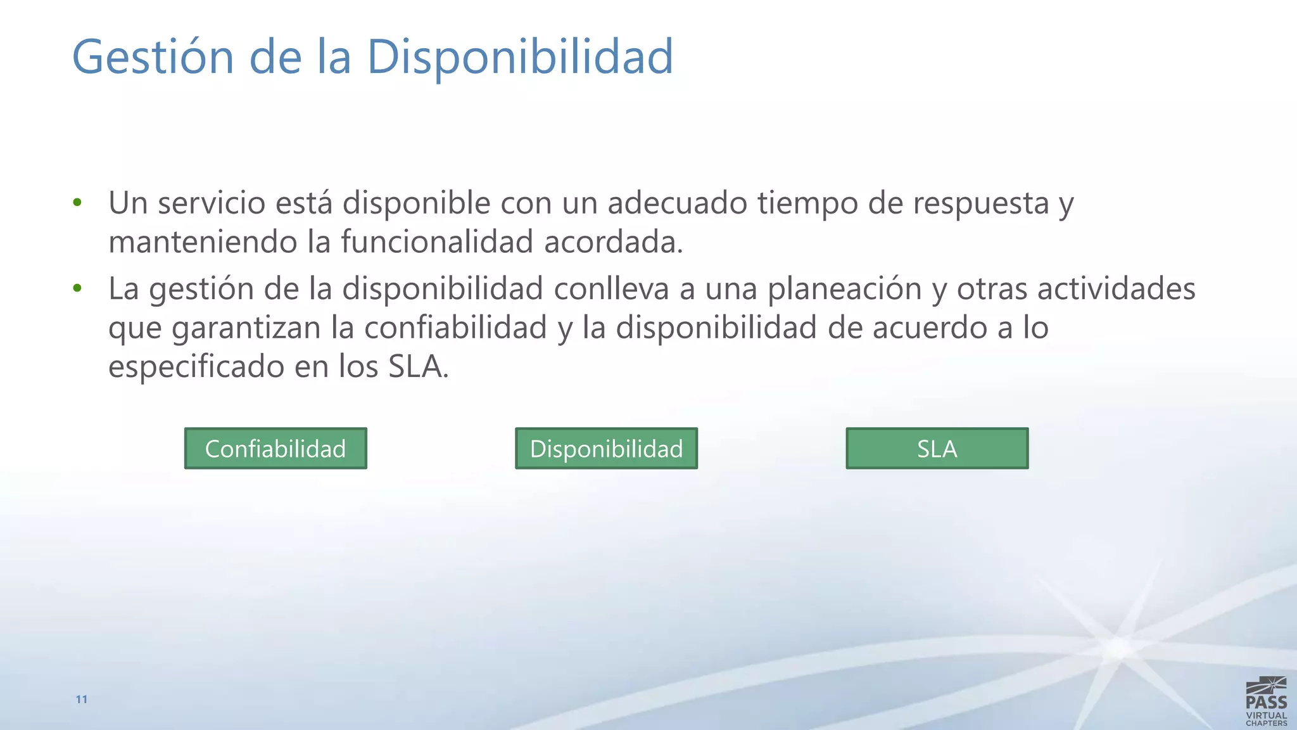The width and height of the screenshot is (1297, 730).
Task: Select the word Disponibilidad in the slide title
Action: point(519,57)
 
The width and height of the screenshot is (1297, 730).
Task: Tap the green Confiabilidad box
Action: point(275,449)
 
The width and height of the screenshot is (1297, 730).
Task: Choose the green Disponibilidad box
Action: point(606,449)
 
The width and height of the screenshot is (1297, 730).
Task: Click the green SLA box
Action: point(937,449)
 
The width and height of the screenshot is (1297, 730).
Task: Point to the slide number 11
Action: point(82,700)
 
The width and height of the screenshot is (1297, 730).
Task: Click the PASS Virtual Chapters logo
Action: point(1266,701)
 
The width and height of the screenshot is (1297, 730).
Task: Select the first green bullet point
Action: point(77,203)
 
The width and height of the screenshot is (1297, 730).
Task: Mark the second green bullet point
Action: point(77,288)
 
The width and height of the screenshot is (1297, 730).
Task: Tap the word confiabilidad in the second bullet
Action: point(455,328)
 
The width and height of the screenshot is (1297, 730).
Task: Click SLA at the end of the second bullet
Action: point(415,367)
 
